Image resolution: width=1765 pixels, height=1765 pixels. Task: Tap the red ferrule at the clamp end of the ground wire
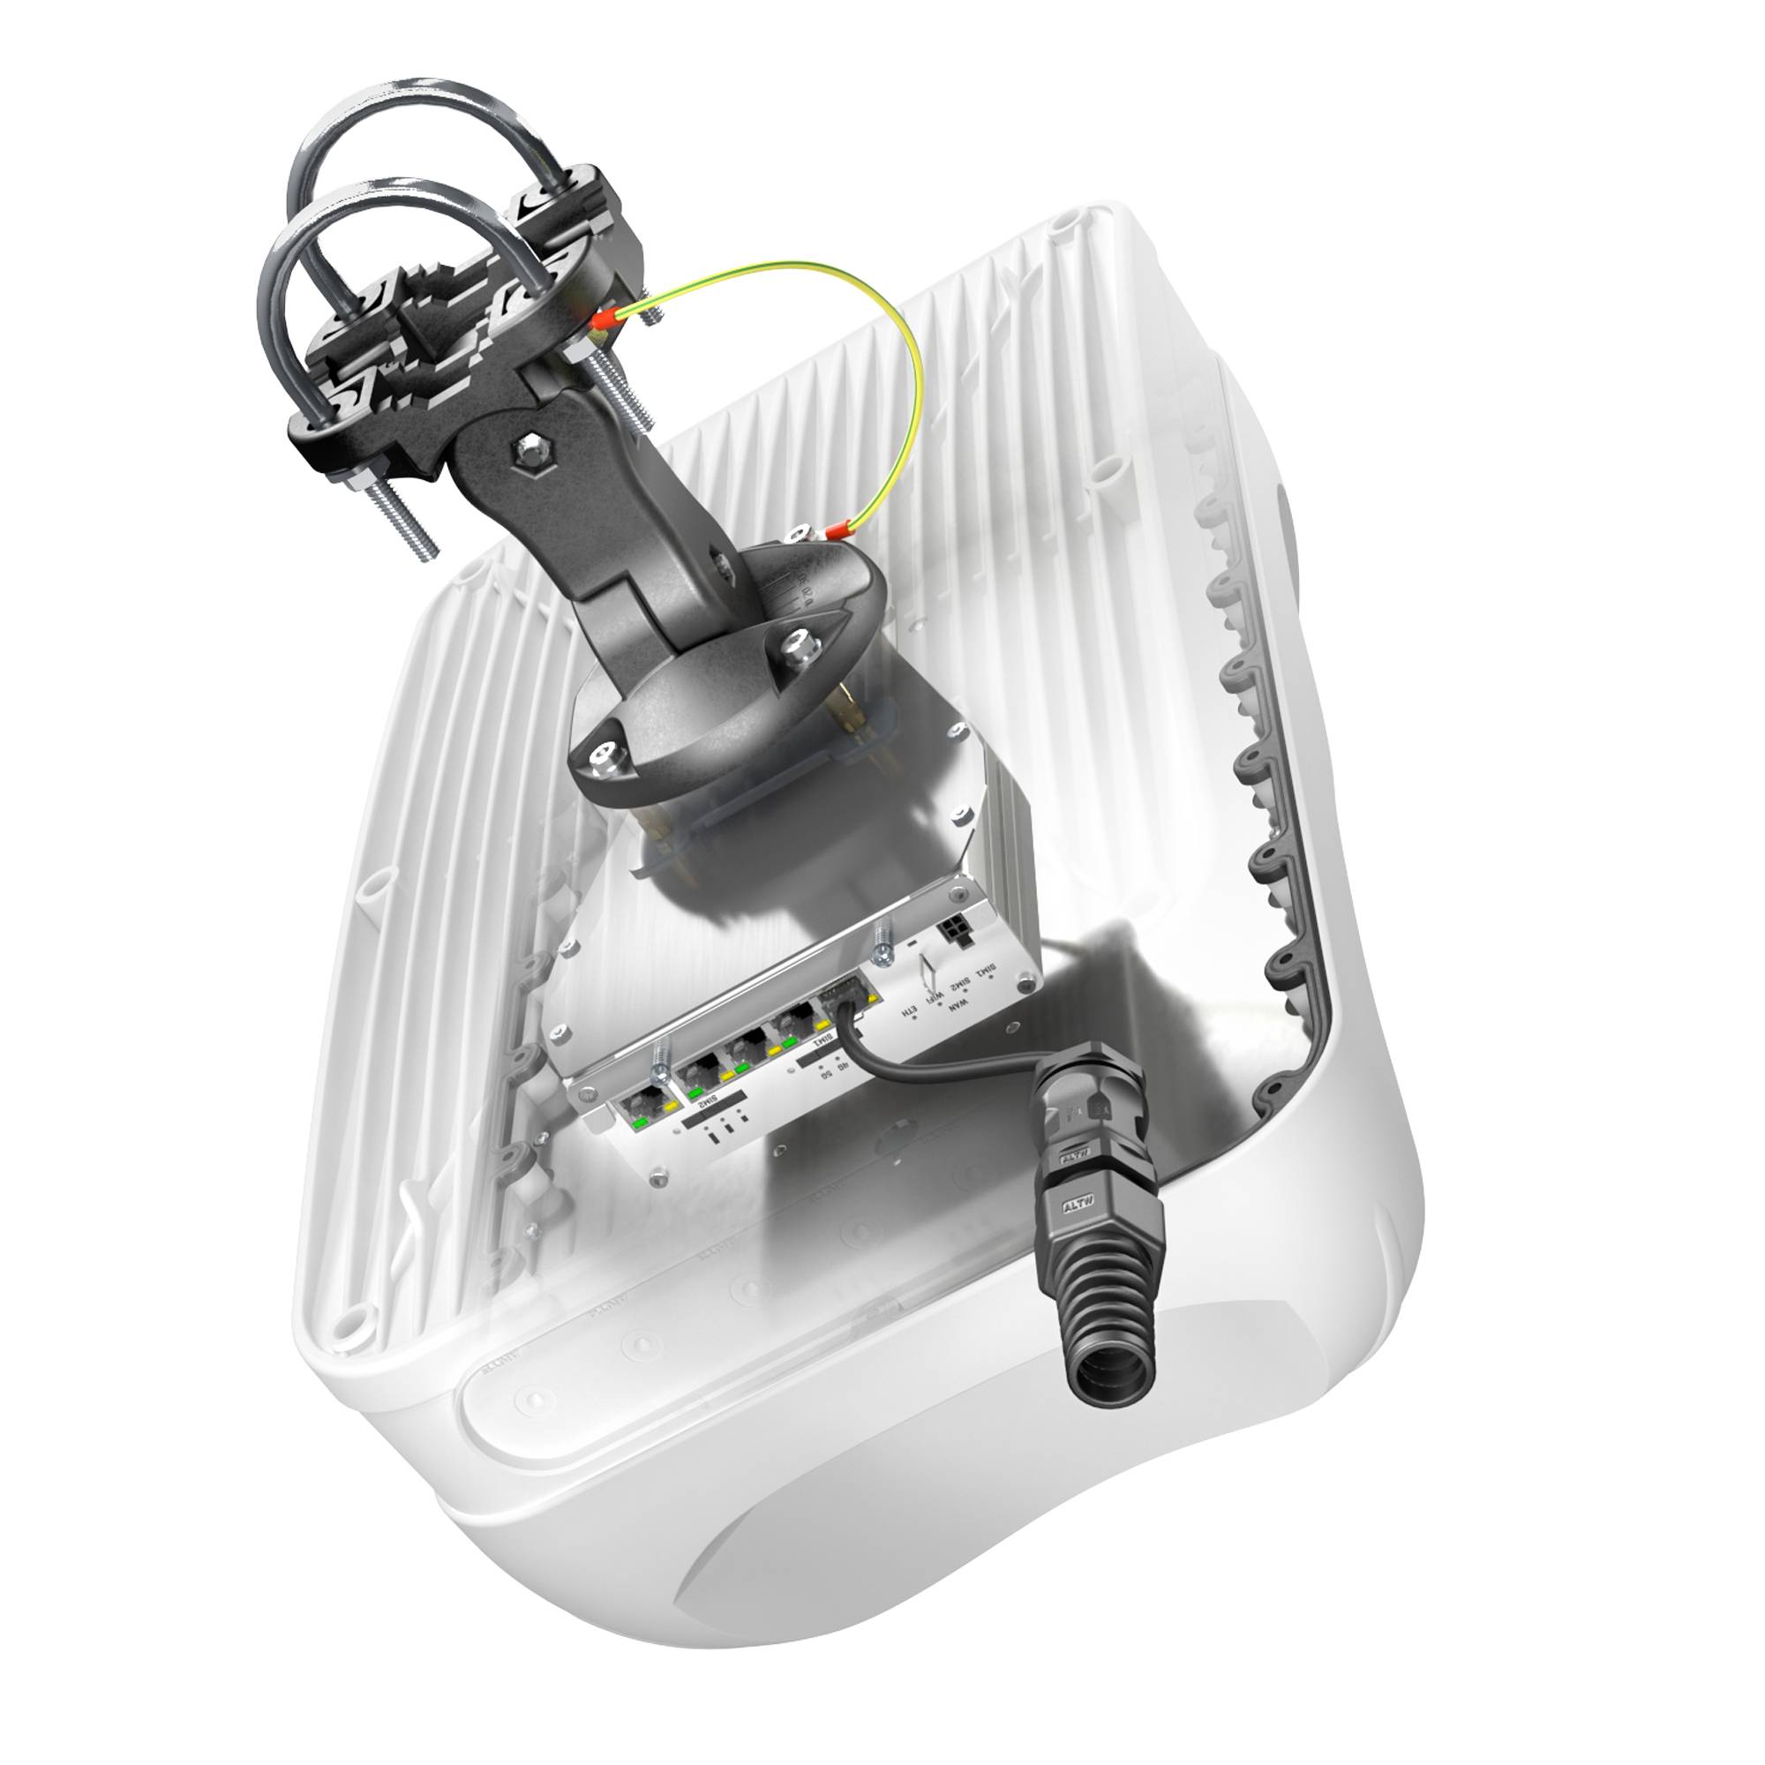[602, 321]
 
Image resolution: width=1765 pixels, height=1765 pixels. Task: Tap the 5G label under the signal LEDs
[827, 1073]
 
